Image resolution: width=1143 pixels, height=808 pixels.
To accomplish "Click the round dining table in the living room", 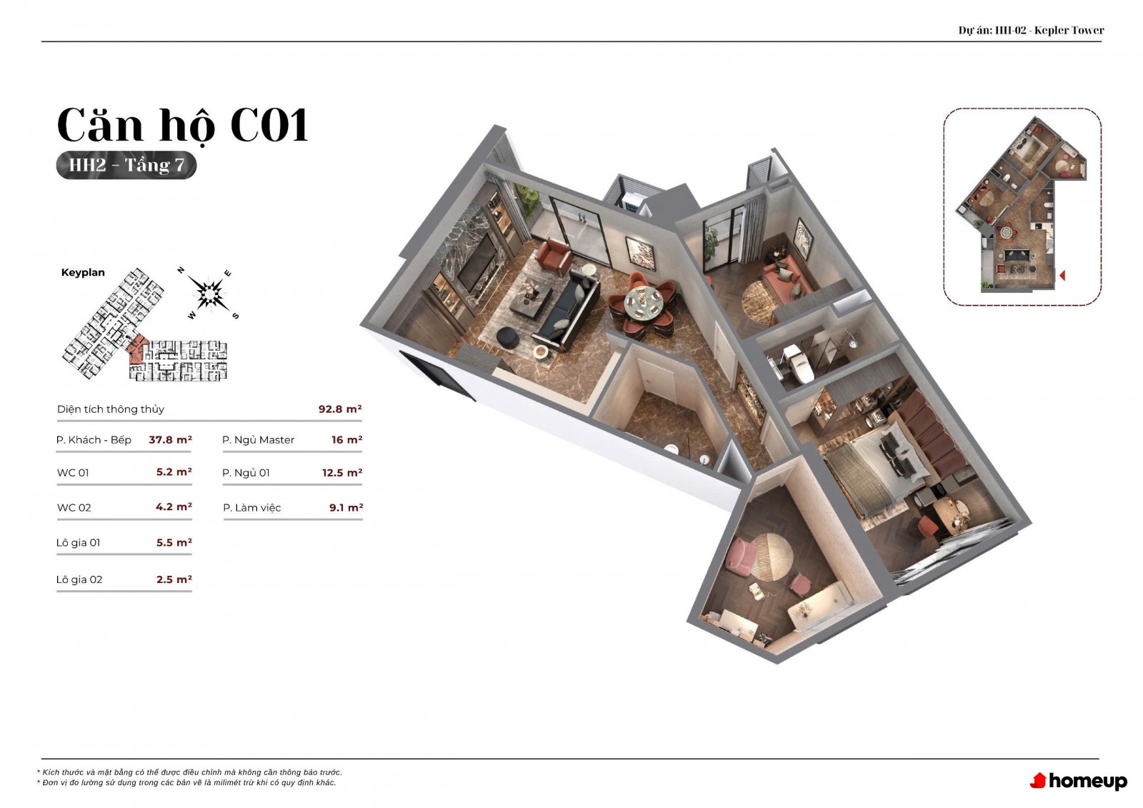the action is point(644,301).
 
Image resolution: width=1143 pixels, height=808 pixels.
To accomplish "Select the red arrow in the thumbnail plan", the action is point(1062,276).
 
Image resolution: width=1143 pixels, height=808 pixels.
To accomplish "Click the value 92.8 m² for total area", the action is point(340,409).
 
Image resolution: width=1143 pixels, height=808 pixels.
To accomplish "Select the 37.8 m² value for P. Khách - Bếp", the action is point(171,439).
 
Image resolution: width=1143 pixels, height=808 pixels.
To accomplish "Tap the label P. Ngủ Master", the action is point(258,440).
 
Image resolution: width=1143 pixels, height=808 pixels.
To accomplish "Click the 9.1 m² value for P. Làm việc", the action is point(346,507).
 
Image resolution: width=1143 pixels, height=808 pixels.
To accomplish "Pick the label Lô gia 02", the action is point(79,579).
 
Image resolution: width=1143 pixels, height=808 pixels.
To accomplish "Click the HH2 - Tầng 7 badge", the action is point(126,165).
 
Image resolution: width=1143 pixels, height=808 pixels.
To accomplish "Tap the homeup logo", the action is point(1078,780).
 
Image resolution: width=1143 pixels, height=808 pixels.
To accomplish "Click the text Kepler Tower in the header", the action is point(1069,30).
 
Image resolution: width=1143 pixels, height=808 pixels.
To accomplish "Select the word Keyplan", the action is point(83,273).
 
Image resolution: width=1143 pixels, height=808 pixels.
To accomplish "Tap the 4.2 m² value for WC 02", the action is point(174,507).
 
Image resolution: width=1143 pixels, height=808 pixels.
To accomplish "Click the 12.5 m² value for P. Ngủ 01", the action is point(342,473).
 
